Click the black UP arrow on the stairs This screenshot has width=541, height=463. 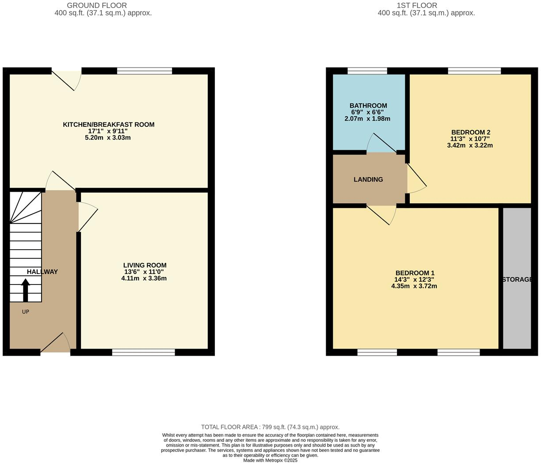point(25,290)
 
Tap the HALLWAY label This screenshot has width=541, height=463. point(42,272)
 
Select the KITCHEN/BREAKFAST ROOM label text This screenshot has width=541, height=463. point(109,125)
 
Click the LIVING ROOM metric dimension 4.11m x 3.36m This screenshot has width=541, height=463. point(144,278)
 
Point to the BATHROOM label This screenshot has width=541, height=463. point(368,106)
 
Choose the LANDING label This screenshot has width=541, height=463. point(368,179)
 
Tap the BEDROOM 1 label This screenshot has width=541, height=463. point(414,273)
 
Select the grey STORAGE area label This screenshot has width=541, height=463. point(517,280)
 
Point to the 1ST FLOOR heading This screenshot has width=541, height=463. point(417,5)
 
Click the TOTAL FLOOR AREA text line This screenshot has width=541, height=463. point(270,427)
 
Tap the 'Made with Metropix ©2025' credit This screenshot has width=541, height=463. point(270,460)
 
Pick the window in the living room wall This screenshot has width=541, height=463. point(144,352)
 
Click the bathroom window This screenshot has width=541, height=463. point(367,71)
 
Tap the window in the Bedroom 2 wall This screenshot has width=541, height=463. point(474,71)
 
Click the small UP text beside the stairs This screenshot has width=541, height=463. point(26,311)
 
